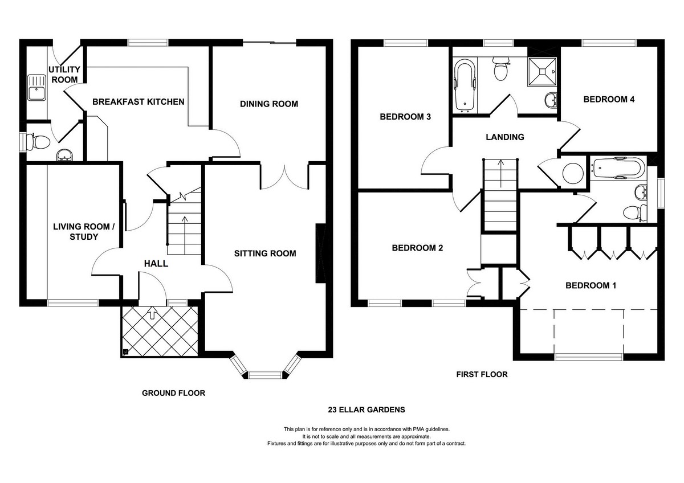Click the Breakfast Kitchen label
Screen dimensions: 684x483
(x=139, y=101)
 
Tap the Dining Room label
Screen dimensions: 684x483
(x=269, y=104)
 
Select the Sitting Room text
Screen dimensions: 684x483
(x=265, y=253)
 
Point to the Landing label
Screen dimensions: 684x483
(x=505, y=137)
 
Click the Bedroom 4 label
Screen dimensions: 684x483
(x=609, y=99)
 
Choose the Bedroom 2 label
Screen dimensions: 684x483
(x=417, y=248)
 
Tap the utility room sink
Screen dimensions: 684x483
(x=36, y=88)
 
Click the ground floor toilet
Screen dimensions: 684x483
(x=38, y=142)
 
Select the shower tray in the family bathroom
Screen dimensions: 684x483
(x=542, y=72)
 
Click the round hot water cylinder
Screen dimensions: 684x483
(x=572, y=173)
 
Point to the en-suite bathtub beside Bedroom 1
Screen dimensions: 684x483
(x=618, y=167)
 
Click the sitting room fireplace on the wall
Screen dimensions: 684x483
(x=320, y=254)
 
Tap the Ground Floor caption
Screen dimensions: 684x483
(x=173, y=393)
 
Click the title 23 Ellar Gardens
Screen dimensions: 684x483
(x=367, y=410)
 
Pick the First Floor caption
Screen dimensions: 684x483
(x=482, y=374)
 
